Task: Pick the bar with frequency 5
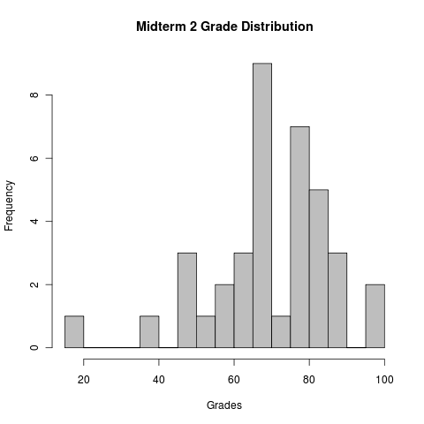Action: [x=319, y=269]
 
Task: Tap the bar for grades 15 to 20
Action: [x=74, y=332]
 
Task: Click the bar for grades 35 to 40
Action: [x=149, y=332]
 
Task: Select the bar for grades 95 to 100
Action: [x=375, y=316]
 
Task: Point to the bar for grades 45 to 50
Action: [x=187, y=300]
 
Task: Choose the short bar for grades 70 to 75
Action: [x=281, y=332]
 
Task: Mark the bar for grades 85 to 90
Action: [x=337, y=300]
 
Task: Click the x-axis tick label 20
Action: [x=84, y=381]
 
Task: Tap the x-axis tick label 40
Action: [x=159, y=381]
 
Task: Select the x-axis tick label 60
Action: [x=234, y=381]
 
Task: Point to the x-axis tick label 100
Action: [x=384, y=381]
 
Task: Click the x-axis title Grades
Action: [x=224, y=406]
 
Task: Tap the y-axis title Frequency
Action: [x=10, y=205]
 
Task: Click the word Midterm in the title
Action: [x=163, y=26]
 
